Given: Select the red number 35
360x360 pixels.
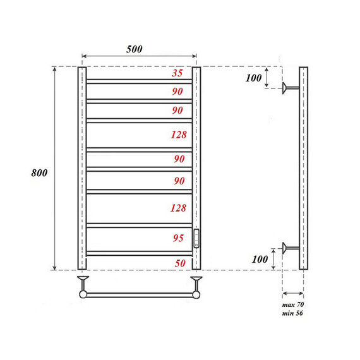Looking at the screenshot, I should point(177,73).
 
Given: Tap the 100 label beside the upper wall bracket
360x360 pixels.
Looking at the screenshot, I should point(253,78).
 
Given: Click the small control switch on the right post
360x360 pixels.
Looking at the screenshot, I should point(196,237).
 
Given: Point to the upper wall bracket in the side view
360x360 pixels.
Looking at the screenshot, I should point(291,88).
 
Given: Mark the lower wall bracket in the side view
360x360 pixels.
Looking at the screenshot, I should point(291,248).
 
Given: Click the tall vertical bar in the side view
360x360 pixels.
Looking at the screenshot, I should point(303,168).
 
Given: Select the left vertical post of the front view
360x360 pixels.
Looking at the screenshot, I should point(81,168).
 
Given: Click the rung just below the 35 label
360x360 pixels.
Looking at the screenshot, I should point(139,80).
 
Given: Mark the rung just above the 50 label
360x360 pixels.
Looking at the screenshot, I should point(139,253).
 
